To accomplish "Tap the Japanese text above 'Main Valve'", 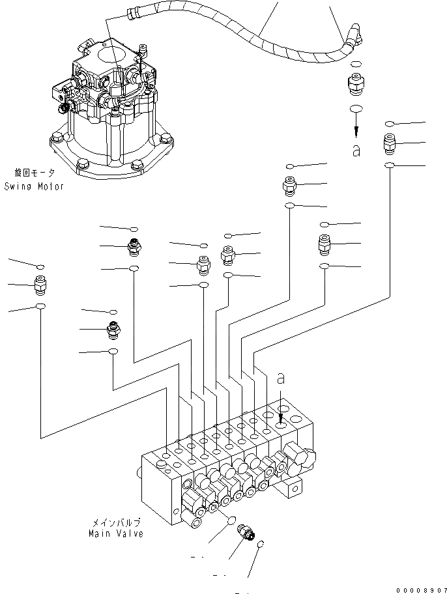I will coord(116,522).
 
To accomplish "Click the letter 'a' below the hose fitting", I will coord(356,150).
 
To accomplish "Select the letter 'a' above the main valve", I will coord(281,378).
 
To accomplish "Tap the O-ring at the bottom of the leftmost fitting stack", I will coord(40,306).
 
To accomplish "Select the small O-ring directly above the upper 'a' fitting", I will coord(356,64).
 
